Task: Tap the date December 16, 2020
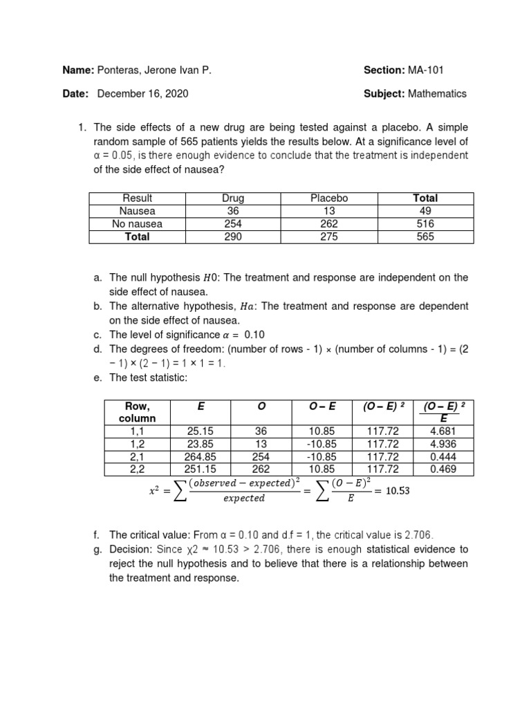coord(142,93)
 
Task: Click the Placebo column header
coord(329,198)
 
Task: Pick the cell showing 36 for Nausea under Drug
coord(232,211)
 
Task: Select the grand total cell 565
coord(426,236)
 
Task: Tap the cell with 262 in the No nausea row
coord(329,224)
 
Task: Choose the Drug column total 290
coord(232,236)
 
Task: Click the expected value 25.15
coord(201,431)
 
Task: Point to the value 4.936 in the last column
coord(442,444)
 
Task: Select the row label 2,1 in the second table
coord(138,457)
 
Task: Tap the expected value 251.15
coord(201,469)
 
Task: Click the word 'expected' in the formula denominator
coord(244,499)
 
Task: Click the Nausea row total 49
coord(426,211)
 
